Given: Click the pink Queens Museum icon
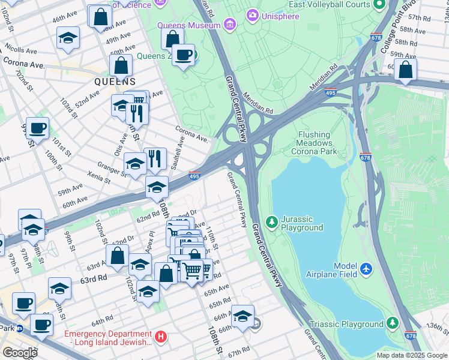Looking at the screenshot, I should [x=229, y=25].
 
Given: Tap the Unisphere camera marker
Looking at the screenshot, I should [x=253, y=15].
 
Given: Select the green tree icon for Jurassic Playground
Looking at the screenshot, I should [x=272, y=222].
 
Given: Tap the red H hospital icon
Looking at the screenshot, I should [x=160, y=338].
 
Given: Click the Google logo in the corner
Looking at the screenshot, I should [x=19, y=353].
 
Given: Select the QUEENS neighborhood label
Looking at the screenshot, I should [x=114, y=81].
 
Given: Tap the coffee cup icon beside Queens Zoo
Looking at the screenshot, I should [x=183, y=56].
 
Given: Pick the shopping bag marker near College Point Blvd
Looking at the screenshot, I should [x=406, y=70].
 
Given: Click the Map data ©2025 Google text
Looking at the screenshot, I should [x=411, y=355].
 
